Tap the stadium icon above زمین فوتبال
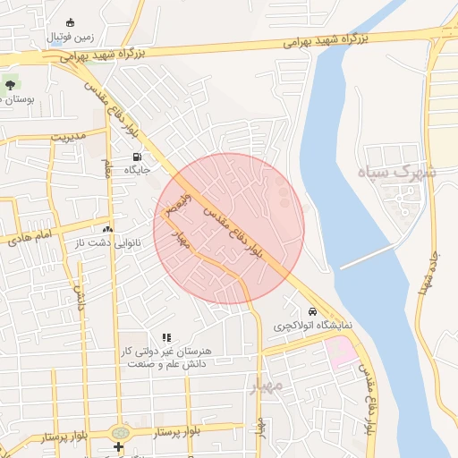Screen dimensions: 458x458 71,23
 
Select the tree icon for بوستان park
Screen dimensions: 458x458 11,85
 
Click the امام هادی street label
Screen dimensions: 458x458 32,238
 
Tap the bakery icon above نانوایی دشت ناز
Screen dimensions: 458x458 108,229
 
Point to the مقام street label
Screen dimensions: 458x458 106,166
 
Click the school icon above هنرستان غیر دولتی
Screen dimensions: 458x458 166,338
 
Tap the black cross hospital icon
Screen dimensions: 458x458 117,446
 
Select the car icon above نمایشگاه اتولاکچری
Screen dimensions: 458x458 312,311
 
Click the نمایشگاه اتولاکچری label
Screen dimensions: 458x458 312,325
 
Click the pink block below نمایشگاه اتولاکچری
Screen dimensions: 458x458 342,352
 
